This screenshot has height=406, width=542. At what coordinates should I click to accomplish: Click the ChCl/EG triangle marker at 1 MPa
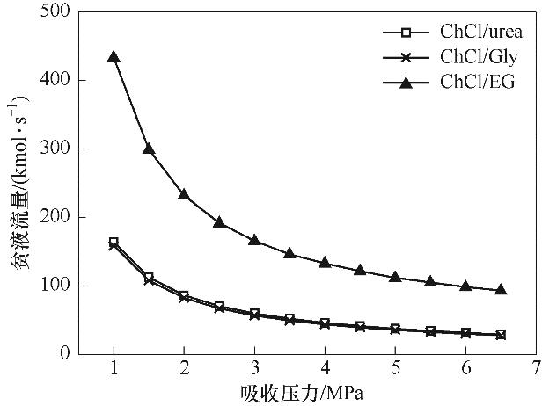pos(114,56)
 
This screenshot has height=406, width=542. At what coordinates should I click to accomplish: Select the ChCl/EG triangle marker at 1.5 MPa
pos(149,149)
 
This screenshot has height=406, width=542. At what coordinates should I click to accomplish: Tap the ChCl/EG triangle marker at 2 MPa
pos(184,194)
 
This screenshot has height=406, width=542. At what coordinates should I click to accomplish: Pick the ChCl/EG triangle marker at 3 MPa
pos(254,240)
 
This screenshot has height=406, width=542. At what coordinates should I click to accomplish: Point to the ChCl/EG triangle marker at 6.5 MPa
pos(501,289)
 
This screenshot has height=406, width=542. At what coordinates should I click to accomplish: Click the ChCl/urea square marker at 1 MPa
pos(114,242)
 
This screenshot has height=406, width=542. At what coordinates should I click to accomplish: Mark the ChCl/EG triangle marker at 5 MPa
pos(395,277)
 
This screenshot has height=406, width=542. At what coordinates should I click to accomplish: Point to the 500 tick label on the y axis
pos(59,12)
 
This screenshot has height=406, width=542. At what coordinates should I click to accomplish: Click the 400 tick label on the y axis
pos(59,81)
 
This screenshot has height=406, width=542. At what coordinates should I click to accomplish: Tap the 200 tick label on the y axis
pos(59,217)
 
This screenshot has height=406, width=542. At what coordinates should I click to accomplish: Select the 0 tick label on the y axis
pos(66,354)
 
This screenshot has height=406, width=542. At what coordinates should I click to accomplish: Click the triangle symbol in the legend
pos(406,82)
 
